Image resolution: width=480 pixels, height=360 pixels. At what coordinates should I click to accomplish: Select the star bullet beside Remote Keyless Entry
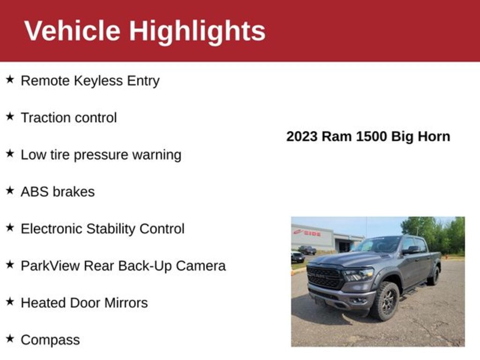(10, 80)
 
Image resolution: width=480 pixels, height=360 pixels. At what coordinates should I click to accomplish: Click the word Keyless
(98, 81)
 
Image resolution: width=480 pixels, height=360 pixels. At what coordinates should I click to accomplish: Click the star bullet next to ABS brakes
(10, 191)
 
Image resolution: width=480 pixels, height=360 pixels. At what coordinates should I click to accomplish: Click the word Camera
(201, 266)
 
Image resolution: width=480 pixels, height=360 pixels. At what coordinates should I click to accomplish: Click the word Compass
(50, 340)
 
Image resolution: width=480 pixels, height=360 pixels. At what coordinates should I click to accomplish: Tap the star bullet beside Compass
(10, 339)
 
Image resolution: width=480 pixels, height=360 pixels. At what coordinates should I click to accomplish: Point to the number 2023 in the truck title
(302, 136)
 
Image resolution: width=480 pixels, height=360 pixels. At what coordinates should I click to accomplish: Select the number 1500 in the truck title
(371, 136)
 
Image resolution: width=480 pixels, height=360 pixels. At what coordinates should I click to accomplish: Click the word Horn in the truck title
(434, 136)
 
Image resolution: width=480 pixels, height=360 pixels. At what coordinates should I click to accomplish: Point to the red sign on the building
(307, 233)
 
